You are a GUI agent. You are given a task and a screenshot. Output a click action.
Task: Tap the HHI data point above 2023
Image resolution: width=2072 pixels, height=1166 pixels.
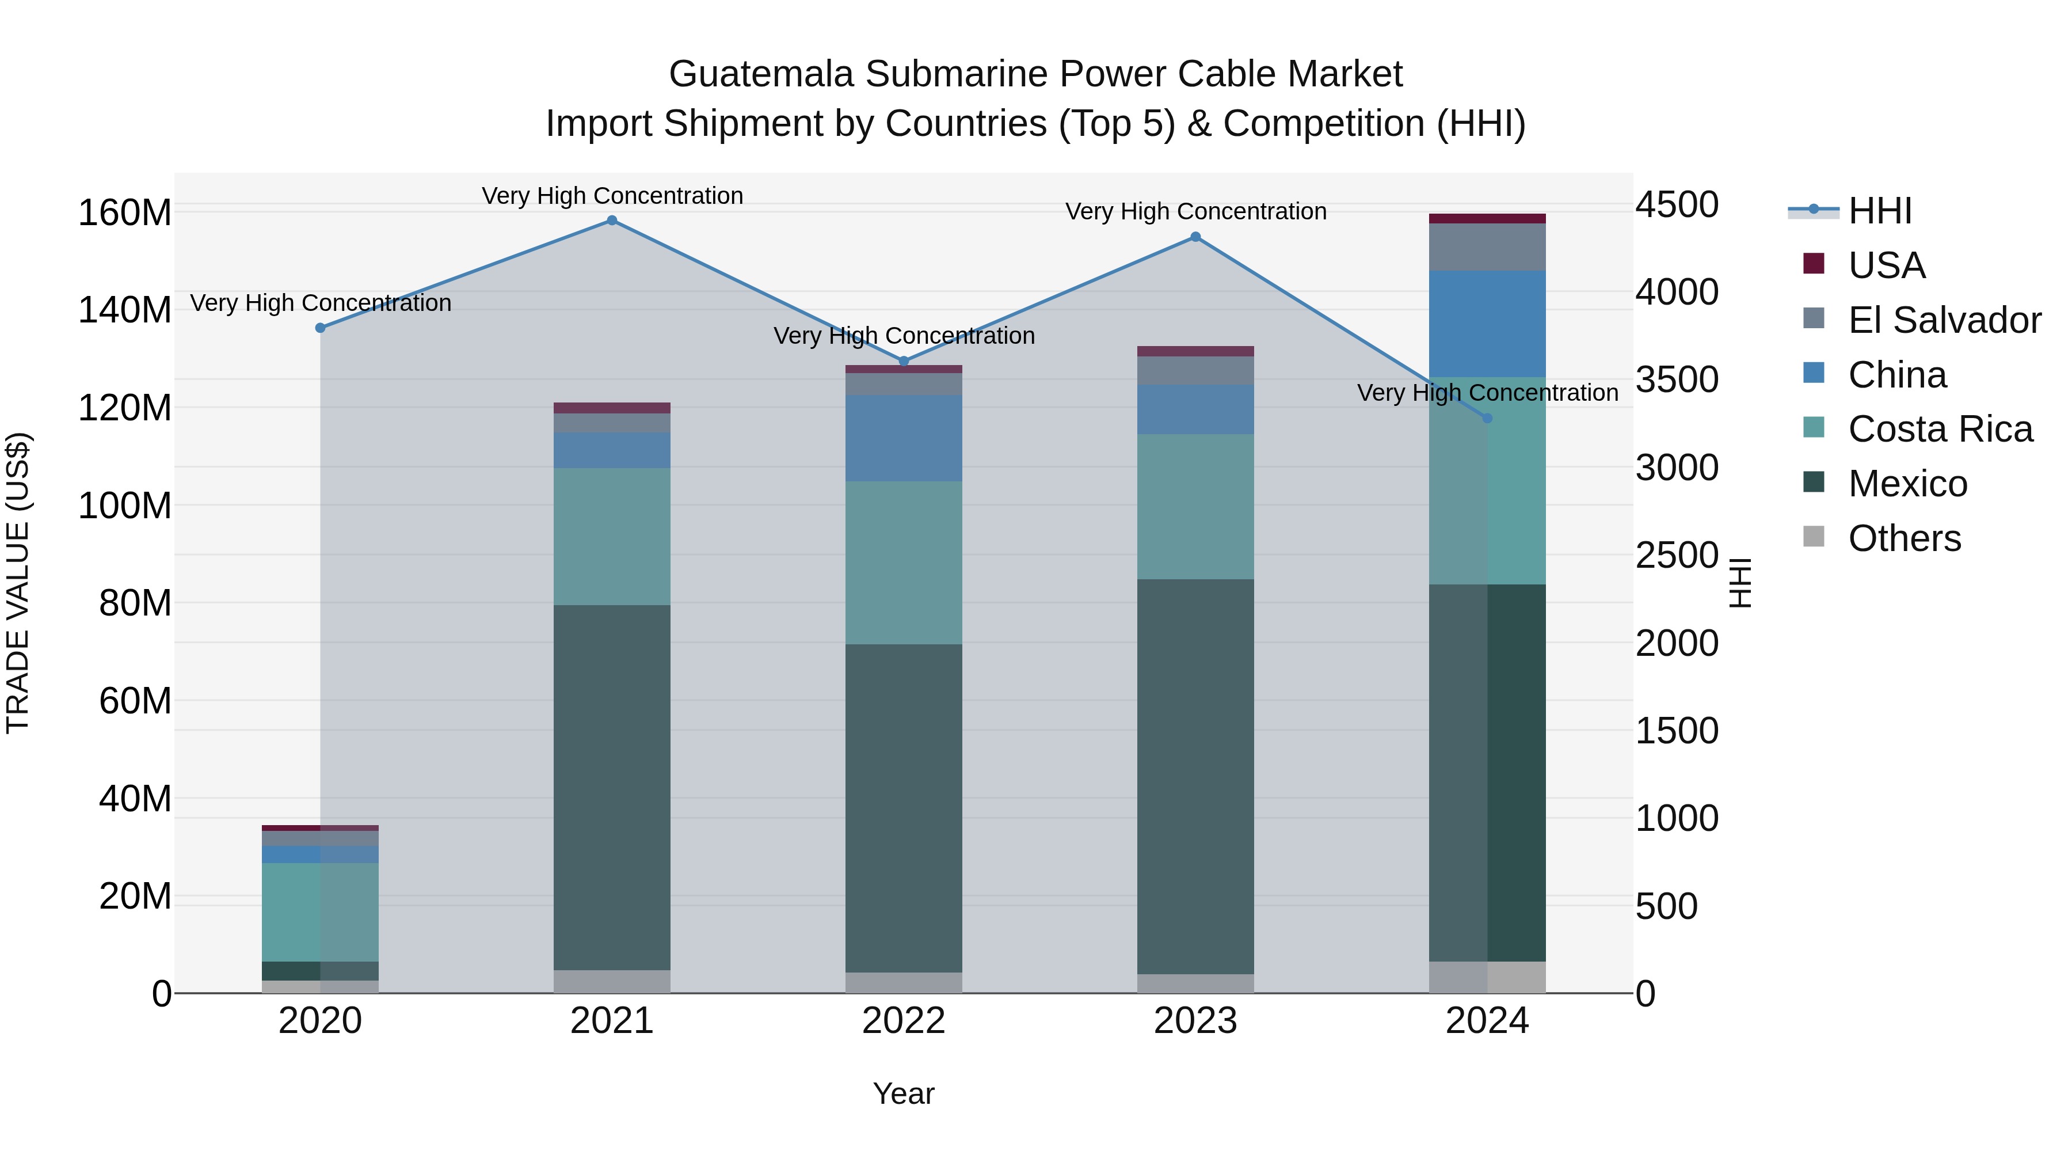point(1195,237)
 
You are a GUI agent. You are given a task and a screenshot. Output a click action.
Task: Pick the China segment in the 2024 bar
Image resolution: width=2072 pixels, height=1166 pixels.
point(1487,324)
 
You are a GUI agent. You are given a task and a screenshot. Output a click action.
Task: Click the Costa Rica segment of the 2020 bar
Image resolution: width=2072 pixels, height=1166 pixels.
point(320,911)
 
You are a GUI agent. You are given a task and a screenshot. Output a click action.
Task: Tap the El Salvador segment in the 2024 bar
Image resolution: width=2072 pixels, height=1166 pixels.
point(1487,247)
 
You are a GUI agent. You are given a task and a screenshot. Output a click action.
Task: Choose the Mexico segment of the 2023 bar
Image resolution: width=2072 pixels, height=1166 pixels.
point(1195,777)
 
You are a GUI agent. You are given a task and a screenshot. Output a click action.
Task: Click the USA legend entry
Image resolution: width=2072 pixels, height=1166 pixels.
point(1886,265)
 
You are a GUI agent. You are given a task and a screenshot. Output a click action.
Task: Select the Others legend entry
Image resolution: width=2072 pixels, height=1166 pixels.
point(1903,538)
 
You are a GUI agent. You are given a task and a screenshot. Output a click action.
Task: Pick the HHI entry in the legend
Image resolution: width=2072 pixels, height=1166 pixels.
point(1879,211)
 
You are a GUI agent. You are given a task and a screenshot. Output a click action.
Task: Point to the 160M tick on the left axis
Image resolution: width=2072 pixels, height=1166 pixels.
point(125,213)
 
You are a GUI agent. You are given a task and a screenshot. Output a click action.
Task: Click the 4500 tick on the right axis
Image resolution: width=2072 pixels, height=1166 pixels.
point(1676,204)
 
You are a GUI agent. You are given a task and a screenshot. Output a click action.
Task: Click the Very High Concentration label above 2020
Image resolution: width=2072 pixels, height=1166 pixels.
point(320,303)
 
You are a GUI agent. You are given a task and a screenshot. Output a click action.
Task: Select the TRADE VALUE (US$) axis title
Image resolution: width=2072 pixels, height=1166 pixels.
point(18,583)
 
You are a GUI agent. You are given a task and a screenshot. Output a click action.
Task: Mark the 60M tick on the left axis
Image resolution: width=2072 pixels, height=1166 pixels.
point(135,701)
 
